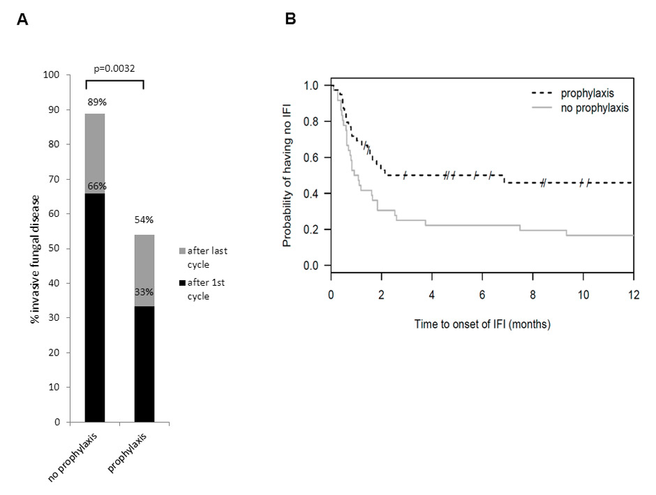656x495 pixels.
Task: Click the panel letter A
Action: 23,20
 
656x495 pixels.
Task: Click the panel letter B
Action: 290,20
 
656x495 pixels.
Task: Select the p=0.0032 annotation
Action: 115,68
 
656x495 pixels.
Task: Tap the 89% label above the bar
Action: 95,102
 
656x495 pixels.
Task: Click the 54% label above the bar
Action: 144,220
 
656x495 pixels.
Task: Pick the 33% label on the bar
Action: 144,293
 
